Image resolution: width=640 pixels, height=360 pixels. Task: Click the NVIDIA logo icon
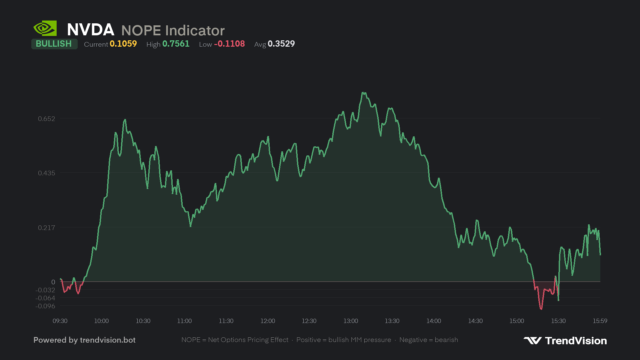45,28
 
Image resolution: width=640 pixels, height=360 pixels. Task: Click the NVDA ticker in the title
91,30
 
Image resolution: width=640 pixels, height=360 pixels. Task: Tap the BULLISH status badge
54,44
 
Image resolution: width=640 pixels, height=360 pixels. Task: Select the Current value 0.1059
123,44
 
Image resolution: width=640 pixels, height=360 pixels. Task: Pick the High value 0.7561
176,44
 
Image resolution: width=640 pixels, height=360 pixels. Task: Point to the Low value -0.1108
229,44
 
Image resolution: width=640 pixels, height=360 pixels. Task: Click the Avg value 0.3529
281,44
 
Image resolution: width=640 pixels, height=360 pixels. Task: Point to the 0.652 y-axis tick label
47,119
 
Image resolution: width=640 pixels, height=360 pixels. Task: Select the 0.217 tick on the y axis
47,228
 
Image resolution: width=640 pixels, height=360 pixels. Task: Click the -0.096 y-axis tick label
45,306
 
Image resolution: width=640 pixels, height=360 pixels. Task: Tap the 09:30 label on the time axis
60,321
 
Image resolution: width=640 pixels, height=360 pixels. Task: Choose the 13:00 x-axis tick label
351,321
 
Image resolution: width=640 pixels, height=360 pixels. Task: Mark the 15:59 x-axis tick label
600,321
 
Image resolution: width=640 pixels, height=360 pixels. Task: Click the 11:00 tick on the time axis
184,321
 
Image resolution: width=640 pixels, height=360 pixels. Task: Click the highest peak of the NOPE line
363,93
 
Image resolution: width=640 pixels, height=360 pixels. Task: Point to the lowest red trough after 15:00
541,309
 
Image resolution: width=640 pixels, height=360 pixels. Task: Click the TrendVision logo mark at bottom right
533,340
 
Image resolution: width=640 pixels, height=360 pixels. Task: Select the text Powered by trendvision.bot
84,340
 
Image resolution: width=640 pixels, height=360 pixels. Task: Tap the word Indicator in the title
195,31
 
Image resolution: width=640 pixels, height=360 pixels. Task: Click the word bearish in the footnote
446,340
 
